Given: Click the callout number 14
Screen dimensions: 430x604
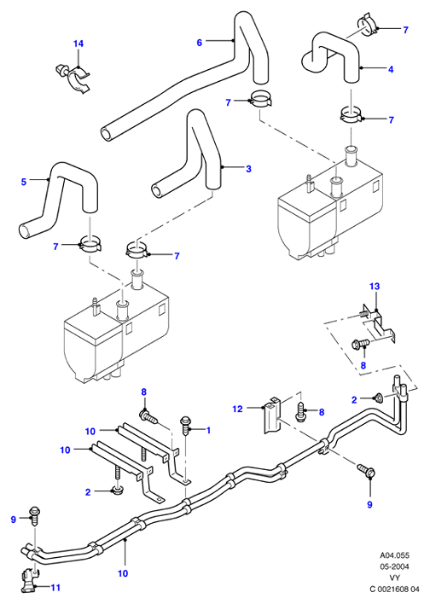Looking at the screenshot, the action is (78, 44).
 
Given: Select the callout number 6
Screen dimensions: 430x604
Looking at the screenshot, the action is (199, 43).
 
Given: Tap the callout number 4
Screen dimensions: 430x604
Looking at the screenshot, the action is (391, 69).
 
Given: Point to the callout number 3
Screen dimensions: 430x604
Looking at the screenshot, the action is (248, 169).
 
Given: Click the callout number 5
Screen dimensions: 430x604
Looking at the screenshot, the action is (24, 182).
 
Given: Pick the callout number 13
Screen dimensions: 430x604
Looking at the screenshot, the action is (375, 286).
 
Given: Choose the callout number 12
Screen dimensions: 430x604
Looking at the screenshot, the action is (238, 409).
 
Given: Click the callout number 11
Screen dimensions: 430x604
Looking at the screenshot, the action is (55, 588).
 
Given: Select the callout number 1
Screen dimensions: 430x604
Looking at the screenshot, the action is (208, 430).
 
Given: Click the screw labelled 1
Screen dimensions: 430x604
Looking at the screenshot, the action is (186, 425).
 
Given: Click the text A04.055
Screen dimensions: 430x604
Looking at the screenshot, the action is (394, 555).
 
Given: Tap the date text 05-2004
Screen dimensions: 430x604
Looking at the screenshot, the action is (394, 566).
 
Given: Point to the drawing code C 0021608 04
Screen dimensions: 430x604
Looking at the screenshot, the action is (394, 589).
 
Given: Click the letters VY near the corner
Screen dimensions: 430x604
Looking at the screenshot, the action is (394, 578).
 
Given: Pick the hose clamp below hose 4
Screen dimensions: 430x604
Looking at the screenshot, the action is (351, 114).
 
